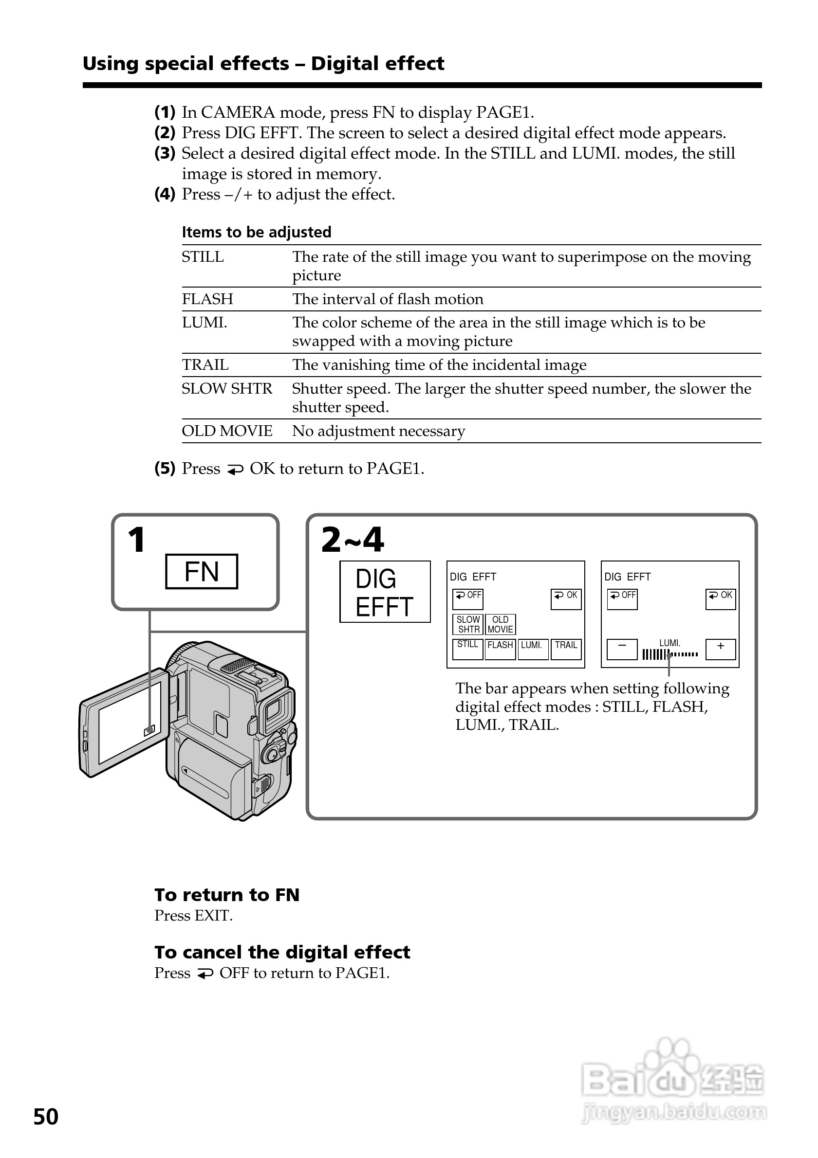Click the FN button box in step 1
202,571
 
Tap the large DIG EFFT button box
385,592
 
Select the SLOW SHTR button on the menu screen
468,624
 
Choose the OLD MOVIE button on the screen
500,624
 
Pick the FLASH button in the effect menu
500,649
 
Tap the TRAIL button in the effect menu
566,649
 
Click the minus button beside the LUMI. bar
622,649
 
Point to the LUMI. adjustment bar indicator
669,654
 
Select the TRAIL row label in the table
205,364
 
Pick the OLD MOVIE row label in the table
226,431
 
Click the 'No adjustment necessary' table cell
378,431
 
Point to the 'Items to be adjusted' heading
256,232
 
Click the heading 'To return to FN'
226,895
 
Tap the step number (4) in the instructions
165,194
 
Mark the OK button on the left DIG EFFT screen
566,598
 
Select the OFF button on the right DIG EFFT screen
622,598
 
